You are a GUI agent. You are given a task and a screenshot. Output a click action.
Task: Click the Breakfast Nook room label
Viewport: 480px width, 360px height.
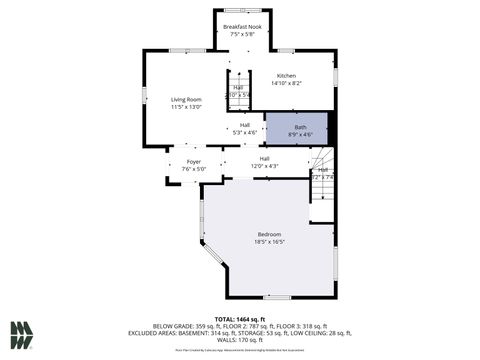pyautogui.click(x=238, y=26)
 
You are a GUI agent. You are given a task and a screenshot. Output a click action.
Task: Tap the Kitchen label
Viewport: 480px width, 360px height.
pyautogui.click(x=286, y=76)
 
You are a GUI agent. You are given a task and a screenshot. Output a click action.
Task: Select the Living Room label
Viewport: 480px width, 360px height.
pyautogui.click(x=186, y=99)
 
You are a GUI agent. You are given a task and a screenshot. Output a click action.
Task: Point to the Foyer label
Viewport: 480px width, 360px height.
pyautogui.click(x=193, y=161)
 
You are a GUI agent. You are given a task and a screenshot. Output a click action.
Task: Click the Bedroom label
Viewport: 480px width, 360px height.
pyautogui.click(x=269, y=234)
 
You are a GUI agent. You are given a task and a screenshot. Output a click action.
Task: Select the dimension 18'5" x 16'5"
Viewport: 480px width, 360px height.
pyautogui.click(x=269, y=242)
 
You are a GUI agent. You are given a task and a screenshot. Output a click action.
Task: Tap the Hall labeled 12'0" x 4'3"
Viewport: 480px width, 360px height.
pyautogui.click(x=264, y=161)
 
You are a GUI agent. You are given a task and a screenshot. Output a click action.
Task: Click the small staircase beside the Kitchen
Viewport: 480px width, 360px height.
pyautogui.click(x=238, y=93)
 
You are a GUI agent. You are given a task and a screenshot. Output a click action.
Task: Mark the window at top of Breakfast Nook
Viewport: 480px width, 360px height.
pyautogui.click(x=238, y=11)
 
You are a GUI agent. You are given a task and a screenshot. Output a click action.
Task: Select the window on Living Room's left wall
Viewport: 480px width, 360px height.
pyautogui.click(x=145, y=95)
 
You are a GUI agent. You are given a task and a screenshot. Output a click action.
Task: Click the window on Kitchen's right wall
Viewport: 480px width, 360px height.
pyautogui.click(x=335, y=76)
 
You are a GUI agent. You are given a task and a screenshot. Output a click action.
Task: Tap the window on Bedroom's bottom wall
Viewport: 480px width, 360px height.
pyautogui.click(x=276, y=297)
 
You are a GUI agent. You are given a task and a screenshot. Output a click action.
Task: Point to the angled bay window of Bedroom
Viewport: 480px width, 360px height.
pyautogui.click(x=212, y=256)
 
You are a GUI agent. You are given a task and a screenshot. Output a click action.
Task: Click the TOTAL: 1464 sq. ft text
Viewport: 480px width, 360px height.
pyautogui.click(x=239, y=318)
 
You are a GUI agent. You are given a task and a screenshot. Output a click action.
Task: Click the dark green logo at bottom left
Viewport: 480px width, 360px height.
pyautogui.click(x=22, y=334)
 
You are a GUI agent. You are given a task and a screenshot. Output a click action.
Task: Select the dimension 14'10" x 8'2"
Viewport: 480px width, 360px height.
pyautogui.click(x=286, y=84)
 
